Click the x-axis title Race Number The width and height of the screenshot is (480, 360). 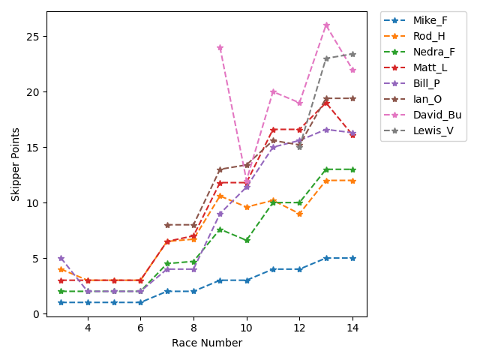(207, 343)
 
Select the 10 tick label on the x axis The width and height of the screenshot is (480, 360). (247, 328)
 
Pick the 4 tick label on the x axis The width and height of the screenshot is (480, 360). (88, 328)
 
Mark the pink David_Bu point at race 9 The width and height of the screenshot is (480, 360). (220, 48)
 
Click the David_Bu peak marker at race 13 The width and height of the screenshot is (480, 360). (326, 25)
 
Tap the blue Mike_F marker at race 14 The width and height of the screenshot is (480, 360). (352, 258)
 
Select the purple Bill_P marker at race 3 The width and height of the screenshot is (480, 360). (61, 258)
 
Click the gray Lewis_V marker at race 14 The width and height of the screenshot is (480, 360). (352, 55)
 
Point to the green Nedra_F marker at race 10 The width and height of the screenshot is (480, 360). (247, 241)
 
